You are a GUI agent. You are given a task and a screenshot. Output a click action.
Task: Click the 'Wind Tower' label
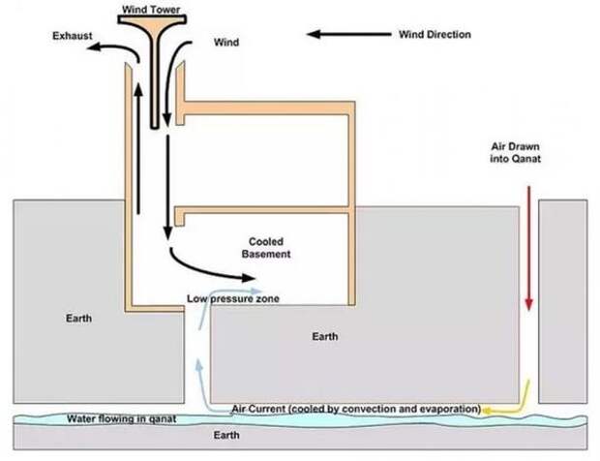click(x=151, y=9)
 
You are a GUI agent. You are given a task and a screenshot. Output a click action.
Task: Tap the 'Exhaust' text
click(x=73, y=36)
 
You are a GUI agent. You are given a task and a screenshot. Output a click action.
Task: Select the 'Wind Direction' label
click(x=435, y=35)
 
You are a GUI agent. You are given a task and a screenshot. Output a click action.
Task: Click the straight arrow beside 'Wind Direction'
click(x=349, y=35)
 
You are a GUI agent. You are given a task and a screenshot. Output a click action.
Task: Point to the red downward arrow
click(x=528, y=248)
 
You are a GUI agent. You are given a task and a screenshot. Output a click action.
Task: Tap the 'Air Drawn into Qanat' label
click(x=515, y=152)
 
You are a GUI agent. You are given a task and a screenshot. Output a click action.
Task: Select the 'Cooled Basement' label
click(x=266, y=248)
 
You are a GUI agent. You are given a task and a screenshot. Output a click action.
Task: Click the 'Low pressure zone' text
click(x=233, y=298)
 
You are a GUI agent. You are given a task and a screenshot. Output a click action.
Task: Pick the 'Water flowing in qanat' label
click(x=122, y=418)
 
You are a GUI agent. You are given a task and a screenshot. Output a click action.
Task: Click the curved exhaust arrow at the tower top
click(x=115, y=47)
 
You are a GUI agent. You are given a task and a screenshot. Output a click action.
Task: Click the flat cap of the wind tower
click(x=152, y=18)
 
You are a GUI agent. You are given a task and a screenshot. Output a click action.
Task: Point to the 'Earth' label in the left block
click(x=78, y=319)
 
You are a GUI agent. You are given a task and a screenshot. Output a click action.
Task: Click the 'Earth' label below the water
click(x=226, y=435)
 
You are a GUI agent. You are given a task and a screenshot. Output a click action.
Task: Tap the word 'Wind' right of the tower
click(x=226, y=42)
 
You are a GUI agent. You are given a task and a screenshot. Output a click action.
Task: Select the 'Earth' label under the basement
click(x=325, y=337)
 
